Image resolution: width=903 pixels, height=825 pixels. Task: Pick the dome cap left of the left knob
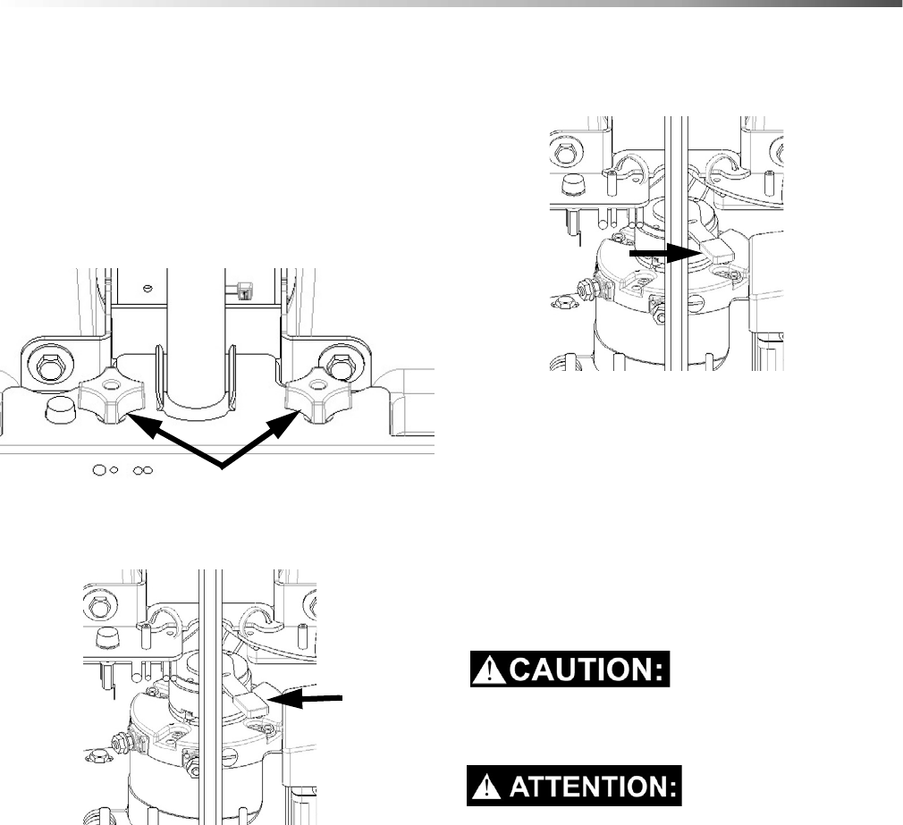pos(59,412)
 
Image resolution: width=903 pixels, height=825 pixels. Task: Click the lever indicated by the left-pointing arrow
pos(253,699)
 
